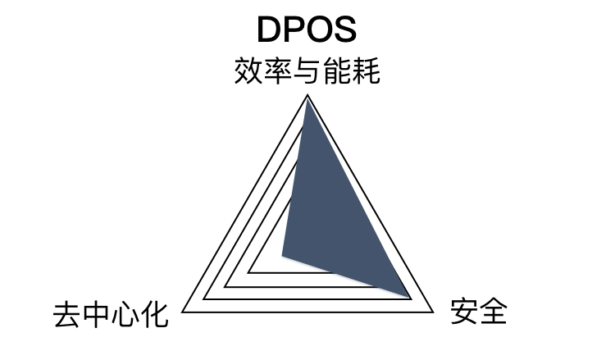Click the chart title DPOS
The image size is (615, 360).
[x=307, y=29]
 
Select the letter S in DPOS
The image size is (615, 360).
[x=345, y=29]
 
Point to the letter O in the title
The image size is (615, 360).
[x=320, y=29]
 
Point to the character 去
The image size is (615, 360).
[x=66, y=313]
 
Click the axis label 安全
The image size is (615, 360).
[x=479, y=312]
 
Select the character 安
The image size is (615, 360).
[x=464, y=312]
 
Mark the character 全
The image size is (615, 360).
[x=494, y=312]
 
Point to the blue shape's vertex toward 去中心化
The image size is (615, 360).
[x=282, y=255]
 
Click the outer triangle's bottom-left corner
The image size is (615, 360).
[x=183, y=312]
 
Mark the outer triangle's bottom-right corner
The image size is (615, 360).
[x=432, y=312]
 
